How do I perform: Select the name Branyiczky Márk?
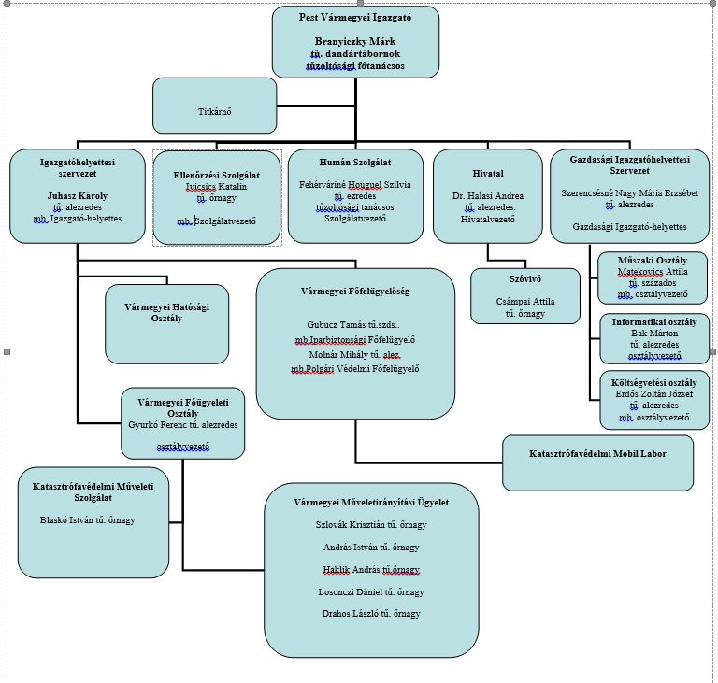point(355,43)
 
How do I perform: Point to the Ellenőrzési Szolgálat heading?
point(217,175)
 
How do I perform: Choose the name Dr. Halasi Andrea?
point(488,196)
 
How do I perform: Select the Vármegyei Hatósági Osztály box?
point(166,312)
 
